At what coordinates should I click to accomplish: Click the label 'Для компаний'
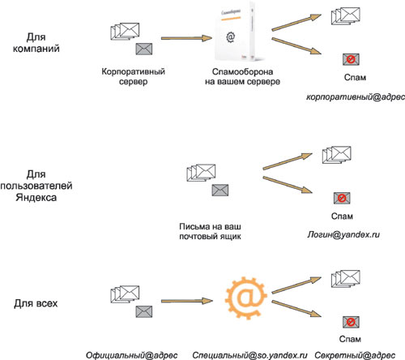point(36,43)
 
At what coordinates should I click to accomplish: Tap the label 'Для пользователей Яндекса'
point(36,186)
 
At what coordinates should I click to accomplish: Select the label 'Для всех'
point(36,303)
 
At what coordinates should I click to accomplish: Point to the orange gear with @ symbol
point(246,298)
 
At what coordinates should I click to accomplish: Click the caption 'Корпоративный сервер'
point(133,76)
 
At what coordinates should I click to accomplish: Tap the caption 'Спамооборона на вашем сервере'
point(242,76)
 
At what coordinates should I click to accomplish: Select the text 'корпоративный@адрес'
point(356,97)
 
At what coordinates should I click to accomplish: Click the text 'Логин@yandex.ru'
point(343,234)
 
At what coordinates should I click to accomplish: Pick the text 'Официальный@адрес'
point(132,355)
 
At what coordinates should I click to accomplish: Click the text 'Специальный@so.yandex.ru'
point(249,355)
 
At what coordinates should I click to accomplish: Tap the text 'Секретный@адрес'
point(355,355)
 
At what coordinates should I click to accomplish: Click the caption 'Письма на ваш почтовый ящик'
point(210,231)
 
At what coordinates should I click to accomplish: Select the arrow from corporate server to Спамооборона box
point(186,38)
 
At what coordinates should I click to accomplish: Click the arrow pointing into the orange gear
point(187,301)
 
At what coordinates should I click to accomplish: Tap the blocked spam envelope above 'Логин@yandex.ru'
point(342,198)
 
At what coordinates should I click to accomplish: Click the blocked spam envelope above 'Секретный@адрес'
point(351,322)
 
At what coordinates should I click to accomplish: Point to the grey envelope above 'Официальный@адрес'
point(144,311)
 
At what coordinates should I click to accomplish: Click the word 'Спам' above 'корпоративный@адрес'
point(355,78)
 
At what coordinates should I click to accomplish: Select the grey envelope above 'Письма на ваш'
point(220,190)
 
